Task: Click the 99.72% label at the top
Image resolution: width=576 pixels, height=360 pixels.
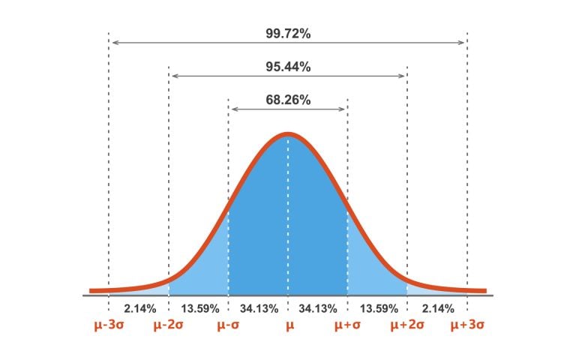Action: (288, 32)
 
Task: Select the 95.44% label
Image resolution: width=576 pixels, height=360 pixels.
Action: (288, 66)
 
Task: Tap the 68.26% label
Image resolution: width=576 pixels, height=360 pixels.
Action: (288, 99)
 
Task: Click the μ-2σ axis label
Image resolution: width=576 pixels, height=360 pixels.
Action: (169, 325)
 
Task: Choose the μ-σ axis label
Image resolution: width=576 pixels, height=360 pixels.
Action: (229, 325)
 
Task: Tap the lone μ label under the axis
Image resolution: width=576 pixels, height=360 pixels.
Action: (288, 325)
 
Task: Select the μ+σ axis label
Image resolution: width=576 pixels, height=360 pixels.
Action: (348, 325)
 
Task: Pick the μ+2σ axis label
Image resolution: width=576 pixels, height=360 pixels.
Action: (407, 325)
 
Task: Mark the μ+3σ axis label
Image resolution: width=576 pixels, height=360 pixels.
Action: (466, 325)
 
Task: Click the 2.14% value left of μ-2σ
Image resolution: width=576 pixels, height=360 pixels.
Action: (139, 307)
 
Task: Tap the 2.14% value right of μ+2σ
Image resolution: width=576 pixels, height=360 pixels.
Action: (437, 307)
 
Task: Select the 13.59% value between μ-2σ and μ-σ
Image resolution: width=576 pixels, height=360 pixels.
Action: (199, 307)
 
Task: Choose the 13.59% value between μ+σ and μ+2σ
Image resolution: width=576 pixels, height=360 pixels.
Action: (377, 307)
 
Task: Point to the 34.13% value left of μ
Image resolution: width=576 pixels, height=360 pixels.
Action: (259, 307)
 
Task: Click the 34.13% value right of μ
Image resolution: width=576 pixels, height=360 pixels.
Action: (318, 307)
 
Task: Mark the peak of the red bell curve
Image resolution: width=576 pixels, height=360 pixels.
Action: (288, 135)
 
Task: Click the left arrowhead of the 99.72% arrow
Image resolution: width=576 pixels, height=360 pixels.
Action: (113, 43)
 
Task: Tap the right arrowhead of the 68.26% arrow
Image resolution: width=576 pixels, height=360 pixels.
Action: (343, 109)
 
